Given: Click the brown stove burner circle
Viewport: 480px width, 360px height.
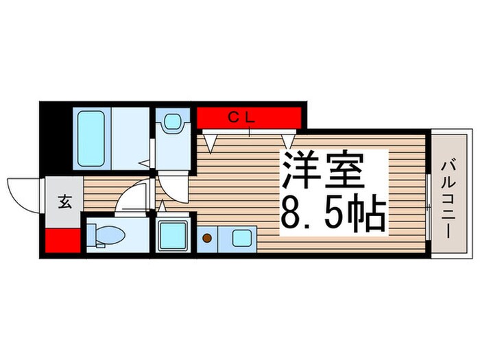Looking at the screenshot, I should click(x=206, y=239).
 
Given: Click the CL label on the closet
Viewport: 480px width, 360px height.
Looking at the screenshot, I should click(x=241, y=117).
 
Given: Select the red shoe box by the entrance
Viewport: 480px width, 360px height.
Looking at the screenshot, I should click(x=63, y=241).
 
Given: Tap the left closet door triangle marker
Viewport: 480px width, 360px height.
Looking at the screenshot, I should click(x=211, y=143).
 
